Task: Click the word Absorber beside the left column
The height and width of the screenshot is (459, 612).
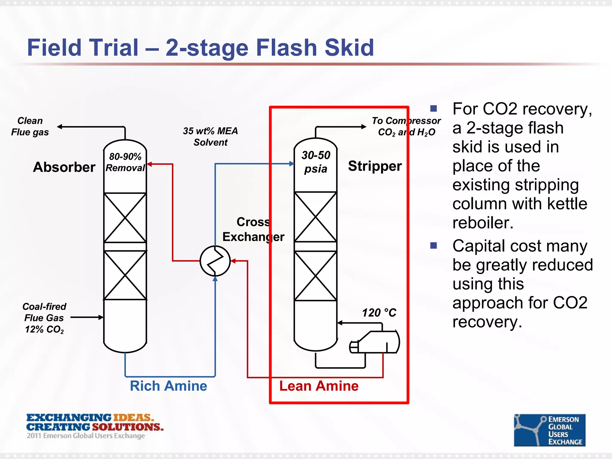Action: coord(64,167)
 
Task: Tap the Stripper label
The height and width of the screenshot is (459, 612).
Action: coord(375,166)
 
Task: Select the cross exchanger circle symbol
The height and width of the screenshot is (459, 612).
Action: coord(215,261)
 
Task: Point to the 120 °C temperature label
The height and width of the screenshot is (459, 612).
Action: coord(379,313)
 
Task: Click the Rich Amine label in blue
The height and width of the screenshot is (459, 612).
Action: coord(168,386)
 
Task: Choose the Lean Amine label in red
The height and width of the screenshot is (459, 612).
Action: coord(319,386)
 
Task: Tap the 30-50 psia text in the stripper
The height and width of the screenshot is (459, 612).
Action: coord(316,162)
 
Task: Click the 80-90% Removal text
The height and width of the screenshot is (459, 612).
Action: coord(125,162)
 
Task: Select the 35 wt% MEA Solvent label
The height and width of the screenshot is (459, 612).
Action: coord(210,137)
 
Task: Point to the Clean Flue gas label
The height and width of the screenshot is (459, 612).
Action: coord(30,126)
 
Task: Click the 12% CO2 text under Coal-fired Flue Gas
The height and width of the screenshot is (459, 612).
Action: coord(44,329)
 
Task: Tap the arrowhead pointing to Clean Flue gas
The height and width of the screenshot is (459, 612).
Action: coord(60,127)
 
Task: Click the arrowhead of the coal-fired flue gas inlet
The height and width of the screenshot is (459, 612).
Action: coord(101,317)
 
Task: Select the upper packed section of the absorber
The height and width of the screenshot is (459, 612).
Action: coord(125,218)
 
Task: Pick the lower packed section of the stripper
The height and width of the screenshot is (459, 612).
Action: coord(316,276)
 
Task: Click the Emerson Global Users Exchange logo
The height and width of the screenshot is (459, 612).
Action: coord(549,430)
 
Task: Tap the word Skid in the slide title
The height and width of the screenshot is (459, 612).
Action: coord(349,48)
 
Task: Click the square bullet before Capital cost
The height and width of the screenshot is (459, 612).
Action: coord(433,246)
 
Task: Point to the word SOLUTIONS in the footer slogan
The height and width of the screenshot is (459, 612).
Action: coord(128,427)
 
